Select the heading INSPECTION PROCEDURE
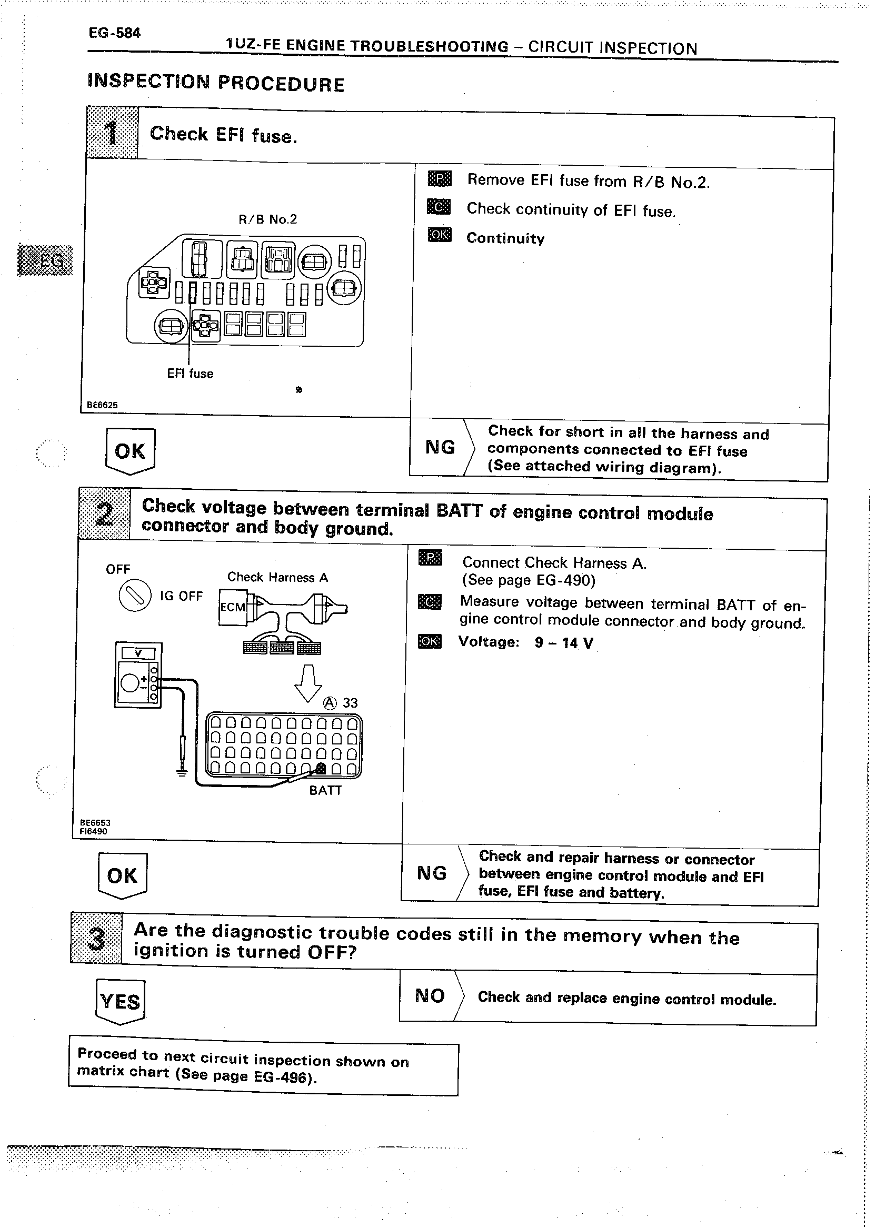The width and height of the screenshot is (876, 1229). (215, 83)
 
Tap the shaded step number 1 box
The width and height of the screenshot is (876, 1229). (112, 133)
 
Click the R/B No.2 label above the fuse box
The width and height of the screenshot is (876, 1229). (267, 219)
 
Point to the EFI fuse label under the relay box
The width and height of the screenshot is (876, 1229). (190, 374)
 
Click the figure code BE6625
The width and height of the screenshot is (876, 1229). (102, 405)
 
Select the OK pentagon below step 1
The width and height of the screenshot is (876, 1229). (130, 451)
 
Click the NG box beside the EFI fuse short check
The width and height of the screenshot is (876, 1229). (440, 447)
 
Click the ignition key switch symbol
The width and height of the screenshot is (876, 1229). (134, 595)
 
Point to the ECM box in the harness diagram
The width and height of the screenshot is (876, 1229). (233, 608)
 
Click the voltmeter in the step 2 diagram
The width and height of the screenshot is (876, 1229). (138, 674)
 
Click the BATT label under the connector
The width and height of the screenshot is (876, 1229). (325, 790)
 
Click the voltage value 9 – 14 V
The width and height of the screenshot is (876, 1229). (564, 642)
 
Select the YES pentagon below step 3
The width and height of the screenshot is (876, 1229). (120, 1001)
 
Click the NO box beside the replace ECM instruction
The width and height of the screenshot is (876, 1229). (430, 995)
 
